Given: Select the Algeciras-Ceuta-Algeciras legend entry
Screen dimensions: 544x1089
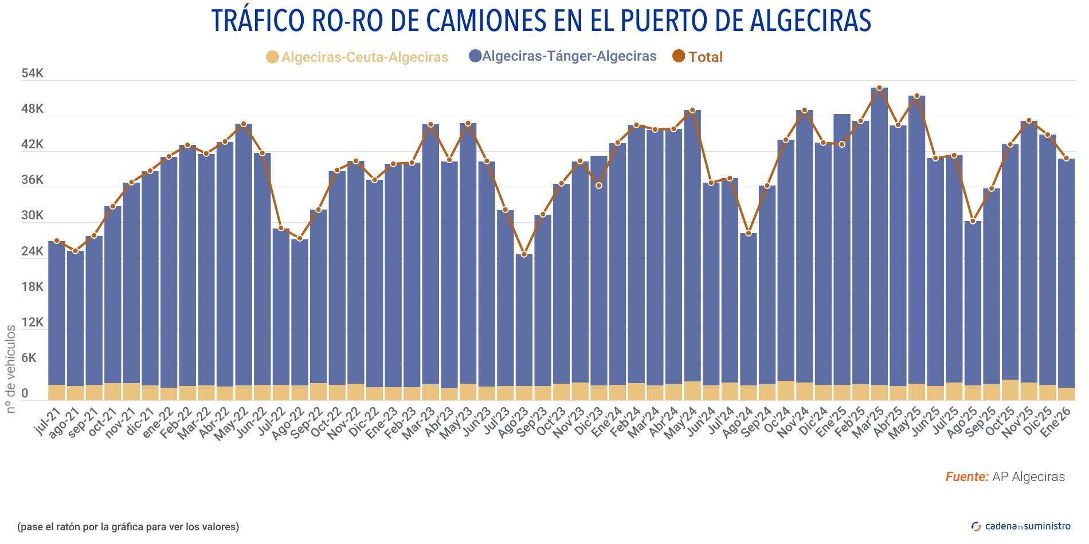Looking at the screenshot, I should (357, 57).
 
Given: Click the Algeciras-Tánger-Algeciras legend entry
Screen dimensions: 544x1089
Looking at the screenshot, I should (562, 56).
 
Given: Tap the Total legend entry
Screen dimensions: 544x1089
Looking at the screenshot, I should (698, 57).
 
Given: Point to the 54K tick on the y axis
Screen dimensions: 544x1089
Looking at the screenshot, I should (32, 73).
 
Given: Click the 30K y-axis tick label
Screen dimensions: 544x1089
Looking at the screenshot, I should (32, 216).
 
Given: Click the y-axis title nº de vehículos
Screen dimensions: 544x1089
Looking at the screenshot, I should (11, 369).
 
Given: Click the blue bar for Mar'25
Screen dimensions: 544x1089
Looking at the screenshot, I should (879, 229).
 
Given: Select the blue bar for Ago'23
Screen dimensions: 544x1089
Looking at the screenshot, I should (524, 321).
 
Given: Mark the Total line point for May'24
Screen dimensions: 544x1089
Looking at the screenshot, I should (692, 110).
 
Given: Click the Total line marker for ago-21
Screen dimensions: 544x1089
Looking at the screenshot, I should (75, 251).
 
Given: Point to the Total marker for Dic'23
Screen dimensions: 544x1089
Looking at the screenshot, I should (599, 186).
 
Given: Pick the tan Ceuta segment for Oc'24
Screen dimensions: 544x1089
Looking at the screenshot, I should (786, 391).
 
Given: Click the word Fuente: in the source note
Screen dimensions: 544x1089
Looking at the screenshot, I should (966, 477).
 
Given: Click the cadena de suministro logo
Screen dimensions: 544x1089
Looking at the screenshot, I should (1021, 526).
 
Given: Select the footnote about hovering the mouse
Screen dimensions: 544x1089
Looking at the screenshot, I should (128, 526).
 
